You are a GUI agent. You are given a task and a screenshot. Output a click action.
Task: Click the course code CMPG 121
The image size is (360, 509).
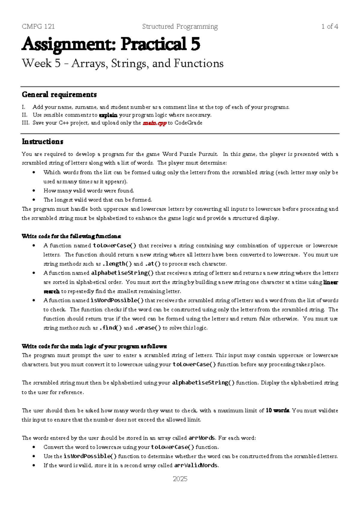click(x=38, y=26)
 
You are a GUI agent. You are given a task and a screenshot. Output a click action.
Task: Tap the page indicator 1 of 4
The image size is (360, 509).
click(x=329, y=26)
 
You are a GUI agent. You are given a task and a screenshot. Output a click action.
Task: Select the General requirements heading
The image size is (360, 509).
click(x=59, y=95)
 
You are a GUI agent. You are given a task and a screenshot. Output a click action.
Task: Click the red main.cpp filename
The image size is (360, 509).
click(x=154, y=123)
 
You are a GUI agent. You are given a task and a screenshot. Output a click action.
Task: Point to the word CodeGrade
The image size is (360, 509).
click(x=188, y=123)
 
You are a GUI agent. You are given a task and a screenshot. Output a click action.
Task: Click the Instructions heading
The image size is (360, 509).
click(x=42, y=141)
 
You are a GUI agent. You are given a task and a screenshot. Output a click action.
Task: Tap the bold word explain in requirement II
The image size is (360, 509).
click(x=108, y=115)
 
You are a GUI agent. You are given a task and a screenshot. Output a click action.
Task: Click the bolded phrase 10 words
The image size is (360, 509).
click(x=277, y=410)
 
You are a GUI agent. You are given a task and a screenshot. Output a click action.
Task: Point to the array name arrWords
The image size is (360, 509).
click(x=202, y=438)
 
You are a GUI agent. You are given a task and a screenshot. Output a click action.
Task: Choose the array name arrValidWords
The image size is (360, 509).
click(x=196, y=465)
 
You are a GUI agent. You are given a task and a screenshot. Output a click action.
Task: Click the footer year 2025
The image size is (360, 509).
click(x=180, y=479)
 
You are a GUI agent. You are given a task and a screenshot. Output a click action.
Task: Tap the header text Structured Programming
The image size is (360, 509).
click(x=180, y=26)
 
